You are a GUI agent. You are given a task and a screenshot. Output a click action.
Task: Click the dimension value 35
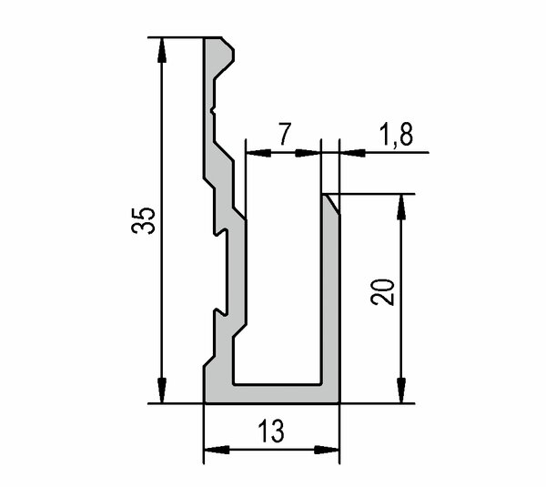point(143,220)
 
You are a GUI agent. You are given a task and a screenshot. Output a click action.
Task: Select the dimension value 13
point(271,431)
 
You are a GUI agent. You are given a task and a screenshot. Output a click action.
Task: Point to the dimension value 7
point(284,134)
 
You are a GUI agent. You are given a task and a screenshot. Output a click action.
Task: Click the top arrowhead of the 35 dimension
point(162,50)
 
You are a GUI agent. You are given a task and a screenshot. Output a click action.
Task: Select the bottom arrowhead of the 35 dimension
point(162,391)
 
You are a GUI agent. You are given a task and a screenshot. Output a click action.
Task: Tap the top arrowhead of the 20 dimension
point(401,207)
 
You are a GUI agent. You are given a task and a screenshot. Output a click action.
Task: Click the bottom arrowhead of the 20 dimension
point(401,391)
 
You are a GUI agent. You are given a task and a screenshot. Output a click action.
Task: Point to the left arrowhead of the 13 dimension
point(217,450)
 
